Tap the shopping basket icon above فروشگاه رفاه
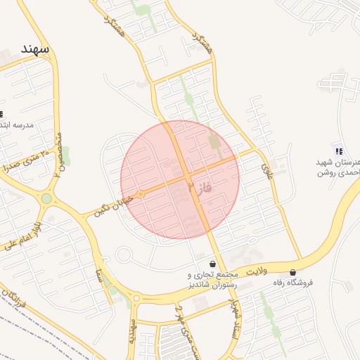point(292,272)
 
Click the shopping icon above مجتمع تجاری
point(212,264)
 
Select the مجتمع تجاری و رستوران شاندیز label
point(211,279)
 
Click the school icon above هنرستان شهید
point(339,151)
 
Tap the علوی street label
point(266,169)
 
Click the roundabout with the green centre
point(46,199)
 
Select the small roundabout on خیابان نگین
point(141,194)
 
